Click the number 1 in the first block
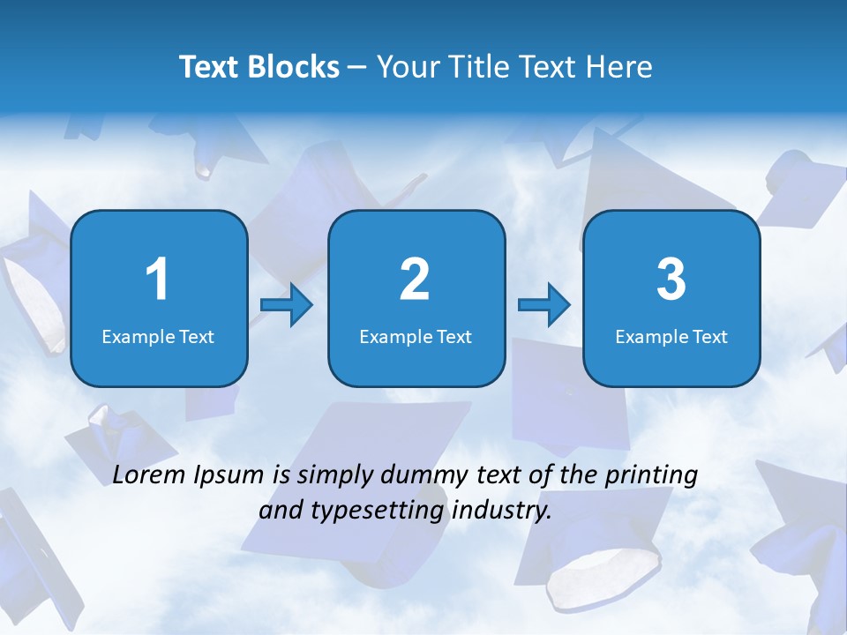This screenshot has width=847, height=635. (x=157, y=280)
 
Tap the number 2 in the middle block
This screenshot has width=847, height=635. (x=415, y=280)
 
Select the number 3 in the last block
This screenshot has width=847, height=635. (x=671, y=280)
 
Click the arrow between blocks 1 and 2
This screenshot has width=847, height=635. (x=287, y=305)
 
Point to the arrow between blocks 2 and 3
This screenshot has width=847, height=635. (x=544, y=305)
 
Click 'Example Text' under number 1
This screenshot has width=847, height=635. (x=158, y=336)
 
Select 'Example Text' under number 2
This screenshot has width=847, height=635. (x=416, y=336)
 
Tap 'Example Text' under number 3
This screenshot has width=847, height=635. (x=671, y=336)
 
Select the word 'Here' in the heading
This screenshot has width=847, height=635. (x=618, y=67)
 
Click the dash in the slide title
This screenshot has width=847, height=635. (x=357, y=68)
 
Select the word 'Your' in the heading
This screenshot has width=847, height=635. (x=405, y=67)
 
